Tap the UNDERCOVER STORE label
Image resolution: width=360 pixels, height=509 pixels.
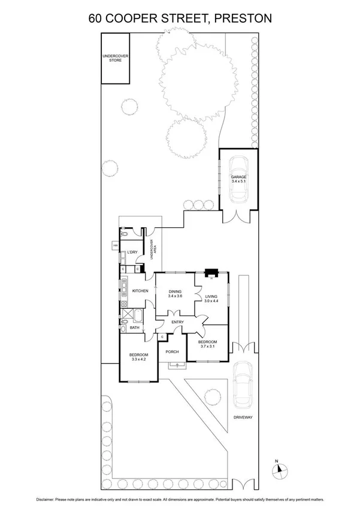point(114,58)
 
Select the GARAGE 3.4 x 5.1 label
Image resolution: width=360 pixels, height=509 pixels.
point(239,180)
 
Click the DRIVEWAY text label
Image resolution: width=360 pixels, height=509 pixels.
point(244,417)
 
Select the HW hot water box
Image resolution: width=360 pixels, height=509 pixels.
point(114,245)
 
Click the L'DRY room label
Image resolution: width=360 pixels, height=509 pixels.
point(132,252)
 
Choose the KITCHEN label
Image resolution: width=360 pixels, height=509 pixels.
point(140,291)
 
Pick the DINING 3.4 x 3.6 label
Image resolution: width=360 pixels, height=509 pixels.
point(176,293)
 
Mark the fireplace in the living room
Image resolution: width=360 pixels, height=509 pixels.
point(211,274)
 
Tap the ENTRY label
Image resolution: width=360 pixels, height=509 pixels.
point(178,323)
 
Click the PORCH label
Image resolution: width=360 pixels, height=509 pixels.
point(173,351)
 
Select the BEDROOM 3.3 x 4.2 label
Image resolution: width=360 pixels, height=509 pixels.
point(138,357)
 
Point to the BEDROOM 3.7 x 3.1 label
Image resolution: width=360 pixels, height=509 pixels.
point(207,344)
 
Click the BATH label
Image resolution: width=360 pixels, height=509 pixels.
point(135,327)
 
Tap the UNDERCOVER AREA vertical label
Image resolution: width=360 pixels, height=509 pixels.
point(155,249)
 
